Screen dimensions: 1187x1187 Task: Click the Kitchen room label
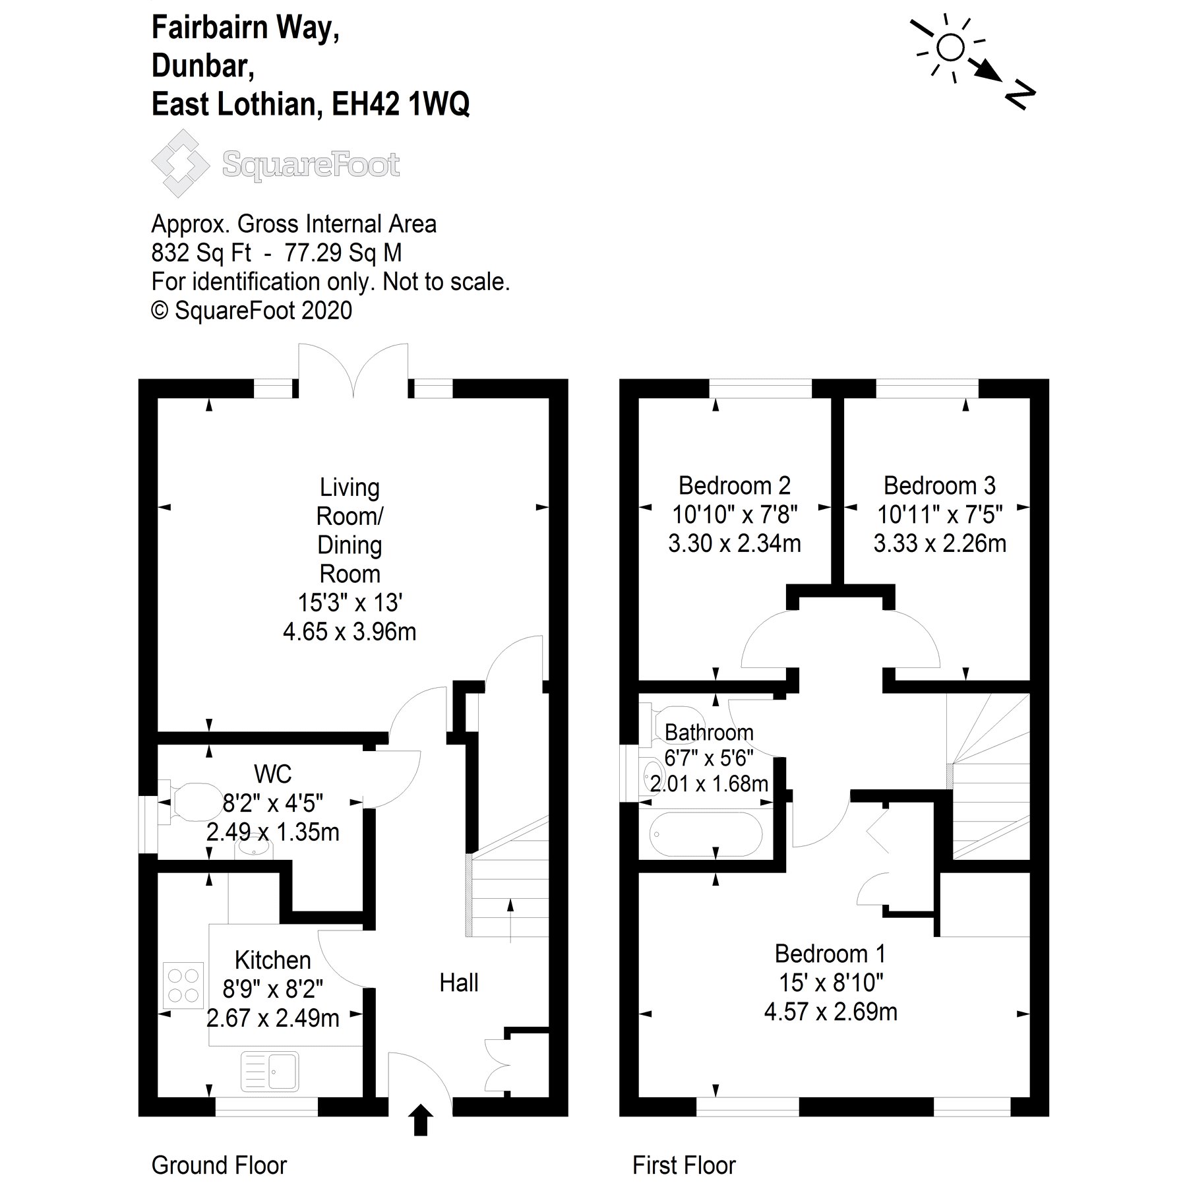[272, 959]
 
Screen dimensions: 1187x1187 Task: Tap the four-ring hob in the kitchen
[183, 985]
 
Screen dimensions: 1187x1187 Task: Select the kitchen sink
[270, 1070]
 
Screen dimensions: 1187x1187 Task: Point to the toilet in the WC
[191, 802]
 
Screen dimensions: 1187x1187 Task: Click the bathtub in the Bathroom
[706, 833]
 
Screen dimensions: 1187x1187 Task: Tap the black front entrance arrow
[420, 1120]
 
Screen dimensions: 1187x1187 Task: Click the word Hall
[458, 983]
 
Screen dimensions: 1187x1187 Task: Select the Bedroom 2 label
[734, 486]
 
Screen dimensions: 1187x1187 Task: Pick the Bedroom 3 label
[939, 486]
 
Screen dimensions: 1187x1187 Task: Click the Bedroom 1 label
[830, 954]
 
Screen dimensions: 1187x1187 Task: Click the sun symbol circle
[950, 47]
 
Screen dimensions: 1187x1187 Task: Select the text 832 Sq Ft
[201, 253]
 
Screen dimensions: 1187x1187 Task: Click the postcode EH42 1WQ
[400, 104]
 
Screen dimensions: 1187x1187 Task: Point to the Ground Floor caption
[219, 1165]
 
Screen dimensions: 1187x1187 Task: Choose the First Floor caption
[684, 1165]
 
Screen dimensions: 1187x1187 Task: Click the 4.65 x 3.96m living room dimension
[350, 632]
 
